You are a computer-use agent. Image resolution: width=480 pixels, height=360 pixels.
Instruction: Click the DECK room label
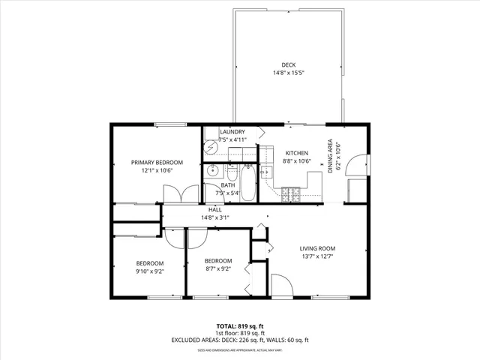pyautogui.click(x=289, y=64)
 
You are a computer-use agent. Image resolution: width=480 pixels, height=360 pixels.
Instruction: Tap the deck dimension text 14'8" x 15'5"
pyautogui.click(x=289, y=73)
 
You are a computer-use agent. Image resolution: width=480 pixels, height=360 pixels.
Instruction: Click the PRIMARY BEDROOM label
pyautogui.click(x=157, y=162)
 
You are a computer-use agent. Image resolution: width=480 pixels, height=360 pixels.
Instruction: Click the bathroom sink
pyautogui.click(x=211, y=169)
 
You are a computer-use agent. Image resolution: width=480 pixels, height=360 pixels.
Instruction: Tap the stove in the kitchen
pyautogui.click(x=291, y=196)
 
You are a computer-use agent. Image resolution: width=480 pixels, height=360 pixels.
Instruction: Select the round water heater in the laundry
pyautogui.click(x=211, y=149)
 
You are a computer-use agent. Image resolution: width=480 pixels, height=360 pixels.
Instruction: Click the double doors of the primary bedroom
pyautogui.click(x=180, y=193)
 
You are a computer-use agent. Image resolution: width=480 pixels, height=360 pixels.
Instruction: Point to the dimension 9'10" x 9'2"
pyautogui.click(x=150, y=271)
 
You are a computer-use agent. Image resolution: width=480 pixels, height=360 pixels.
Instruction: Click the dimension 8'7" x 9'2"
pyautogui.click(x=218, y=268)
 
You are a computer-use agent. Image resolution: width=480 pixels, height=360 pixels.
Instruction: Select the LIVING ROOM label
pyautogui.click(x=317, y=248)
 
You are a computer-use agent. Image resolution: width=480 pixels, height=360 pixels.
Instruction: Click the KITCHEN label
pyautogui.click(x=296, y=152)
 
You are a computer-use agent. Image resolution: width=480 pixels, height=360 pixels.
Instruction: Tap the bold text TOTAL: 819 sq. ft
pyautogui.click(x=240, y=326)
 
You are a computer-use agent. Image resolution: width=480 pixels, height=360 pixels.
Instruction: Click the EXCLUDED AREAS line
pyautogui.click(x=240, y=340)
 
